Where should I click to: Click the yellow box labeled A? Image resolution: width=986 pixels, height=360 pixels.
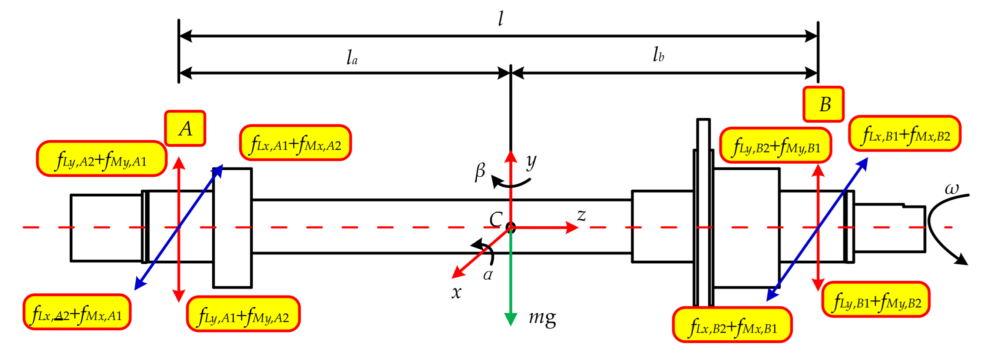(185, 129)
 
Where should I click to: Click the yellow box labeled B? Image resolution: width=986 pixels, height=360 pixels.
(823, 104)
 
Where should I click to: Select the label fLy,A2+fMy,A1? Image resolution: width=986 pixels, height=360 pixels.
(102, 159)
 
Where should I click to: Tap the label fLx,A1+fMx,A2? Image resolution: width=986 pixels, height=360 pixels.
(295, 143)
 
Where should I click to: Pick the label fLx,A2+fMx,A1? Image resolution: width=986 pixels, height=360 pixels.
(77, 312)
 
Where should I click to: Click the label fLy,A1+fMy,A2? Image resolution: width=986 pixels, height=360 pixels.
(243, 314)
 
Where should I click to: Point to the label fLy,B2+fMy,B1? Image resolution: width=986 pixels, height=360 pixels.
(775, 146)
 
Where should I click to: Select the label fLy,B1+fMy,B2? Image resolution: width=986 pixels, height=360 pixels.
(876, 300)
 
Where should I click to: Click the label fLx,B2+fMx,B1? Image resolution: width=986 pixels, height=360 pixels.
(732, 325)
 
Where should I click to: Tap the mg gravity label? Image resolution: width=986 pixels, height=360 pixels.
(542, 317)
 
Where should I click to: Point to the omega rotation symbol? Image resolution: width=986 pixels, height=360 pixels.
(952, 188)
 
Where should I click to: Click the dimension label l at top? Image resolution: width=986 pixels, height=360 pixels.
(501, 19)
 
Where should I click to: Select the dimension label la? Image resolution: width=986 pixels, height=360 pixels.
(352, 57)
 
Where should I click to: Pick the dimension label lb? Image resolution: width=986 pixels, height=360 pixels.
(658, 55)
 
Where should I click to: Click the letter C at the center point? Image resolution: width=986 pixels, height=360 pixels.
(496, 219)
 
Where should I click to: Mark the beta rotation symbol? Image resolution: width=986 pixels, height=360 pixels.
(480, 171)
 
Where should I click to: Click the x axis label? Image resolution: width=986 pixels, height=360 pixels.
(456, 292)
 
